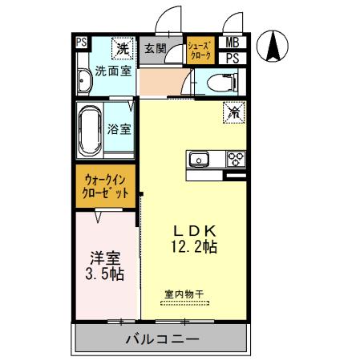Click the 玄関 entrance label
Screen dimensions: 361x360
point(156,49)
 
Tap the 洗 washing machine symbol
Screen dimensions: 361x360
point(123,48)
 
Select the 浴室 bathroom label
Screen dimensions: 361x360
point(120,128)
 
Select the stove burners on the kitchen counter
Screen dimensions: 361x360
point(236,158)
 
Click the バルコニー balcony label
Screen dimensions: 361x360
point(161,339)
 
